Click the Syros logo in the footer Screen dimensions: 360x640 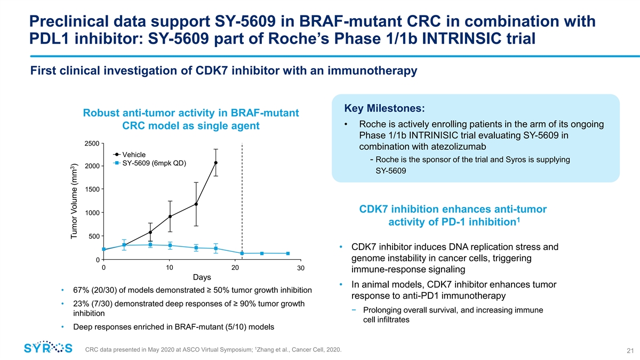point(48,348)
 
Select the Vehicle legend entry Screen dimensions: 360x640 point(134,155)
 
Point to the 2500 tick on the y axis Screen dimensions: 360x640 point(91,143)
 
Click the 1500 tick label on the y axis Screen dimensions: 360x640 point(91,190)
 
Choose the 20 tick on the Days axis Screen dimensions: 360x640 point(235,268)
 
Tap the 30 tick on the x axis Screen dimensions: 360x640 point(301,268)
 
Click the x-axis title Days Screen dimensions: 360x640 point(202,277)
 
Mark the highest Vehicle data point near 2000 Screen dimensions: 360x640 point(216,163)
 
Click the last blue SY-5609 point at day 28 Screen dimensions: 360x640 point(288,253)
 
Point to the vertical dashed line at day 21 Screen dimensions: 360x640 point(242,203)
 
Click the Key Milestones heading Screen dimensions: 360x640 point(384,108)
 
